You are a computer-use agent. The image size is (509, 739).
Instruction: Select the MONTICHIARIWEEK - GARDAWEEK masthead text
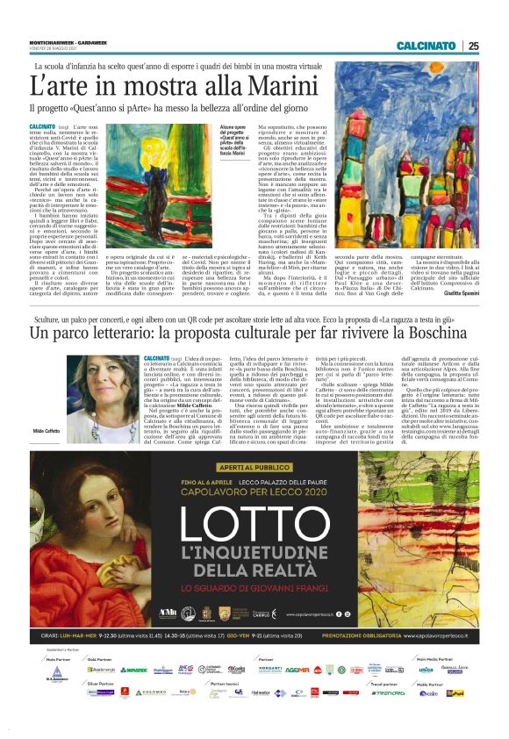click(61, 41)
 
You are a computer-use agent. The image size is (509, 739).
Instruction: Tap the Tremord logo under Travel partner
click(388, 717)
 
